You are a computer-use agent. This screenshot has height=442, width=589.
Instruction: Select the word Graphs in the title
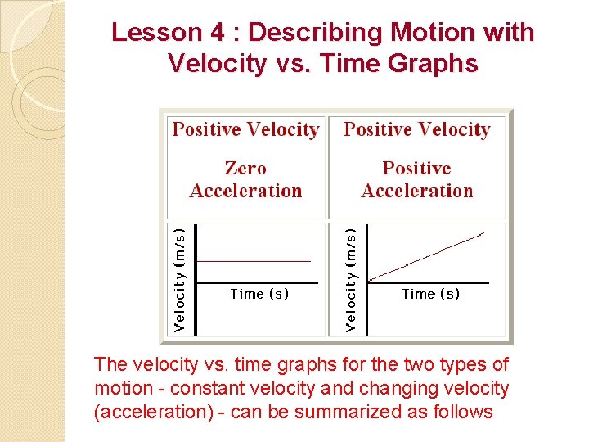(x=435, y=63)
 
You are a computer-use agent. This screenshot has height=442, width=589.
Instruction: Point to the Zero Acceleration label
(x=245, y=179)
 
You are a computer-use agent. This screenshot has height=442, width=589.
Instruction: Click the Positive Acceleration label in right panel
(x=417, y=179)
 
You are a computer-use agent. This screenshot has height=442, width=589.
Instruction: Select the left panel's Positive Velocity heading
(x=245, y=129)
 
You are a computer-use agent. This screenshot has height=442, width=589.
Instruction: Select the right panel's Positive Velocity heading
(x=417, y=129)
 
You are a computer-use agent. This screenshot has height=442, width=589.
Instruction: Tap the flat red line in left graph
(x=254, y=260)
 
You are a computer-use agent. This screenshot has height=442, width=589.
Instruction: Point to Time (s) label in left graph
(x=259, y=294)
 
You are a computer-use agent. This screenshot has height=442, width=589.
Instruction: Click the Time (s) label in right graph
(x=430, y=294)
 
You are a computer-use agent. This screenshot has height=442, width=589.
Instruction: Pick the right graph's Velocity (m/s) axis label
(x=351, y=279)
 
